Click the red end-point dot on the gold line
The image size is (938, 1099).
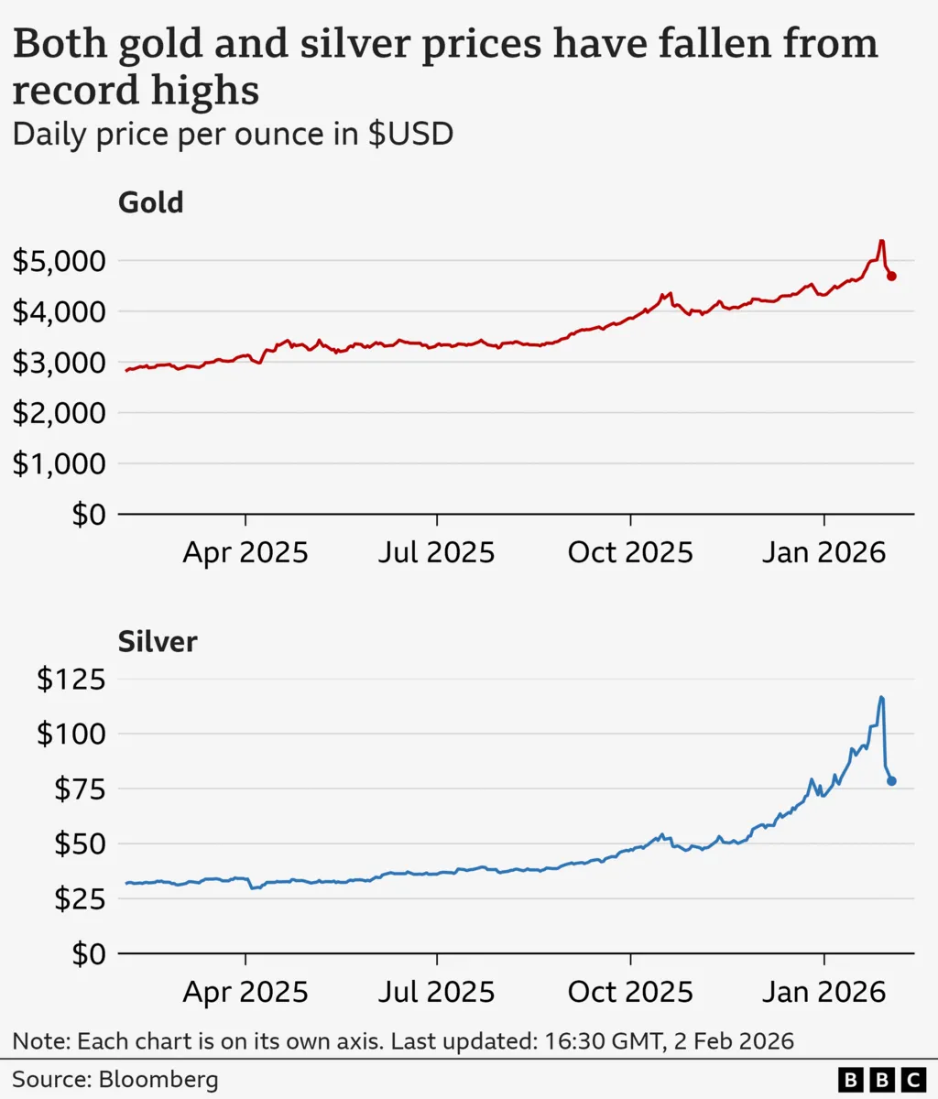891,276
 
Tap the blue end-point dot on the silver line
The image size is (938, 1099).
891,781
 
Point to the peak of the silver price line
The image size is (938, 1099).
881,698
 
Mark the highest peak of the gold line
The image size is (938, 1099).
881,242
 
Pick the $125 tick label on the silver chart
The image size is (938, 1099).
71,680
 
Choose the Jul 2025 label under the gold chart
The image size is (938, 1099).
437,552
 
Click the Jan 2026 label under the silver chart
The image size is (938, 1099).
824,992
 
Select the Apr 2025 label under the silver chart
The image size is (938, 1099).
245,992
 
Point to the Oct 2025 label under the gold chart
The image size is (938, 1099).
630,552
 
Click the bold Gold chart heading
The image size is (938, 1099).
151,202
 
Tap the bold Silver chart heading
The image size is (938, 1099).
158,641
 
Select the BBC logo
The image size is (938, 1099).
881,1080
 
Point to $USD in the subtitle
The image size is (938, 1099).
410,135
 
